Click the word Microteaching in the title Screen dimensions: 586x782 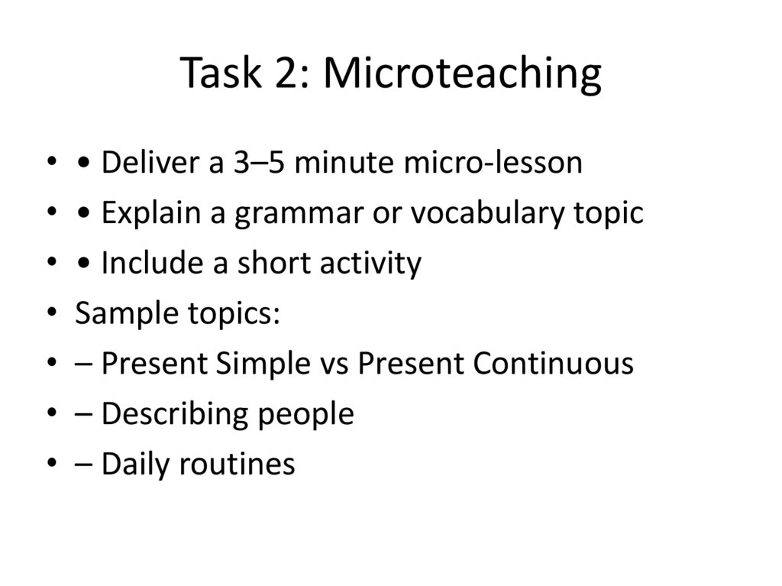tap(462, 74)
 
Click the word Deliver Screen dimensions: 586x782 tap(144, 163)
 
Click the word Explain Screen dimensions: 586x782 tap(145, 214)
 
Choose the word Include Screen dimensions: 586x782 tap(144, 264)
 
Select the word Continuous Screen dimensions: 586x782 tap(553, 364)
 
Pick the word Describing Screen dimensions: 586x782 tap(173, 415)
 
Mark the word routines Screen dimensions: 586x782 tap(237, 465)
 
